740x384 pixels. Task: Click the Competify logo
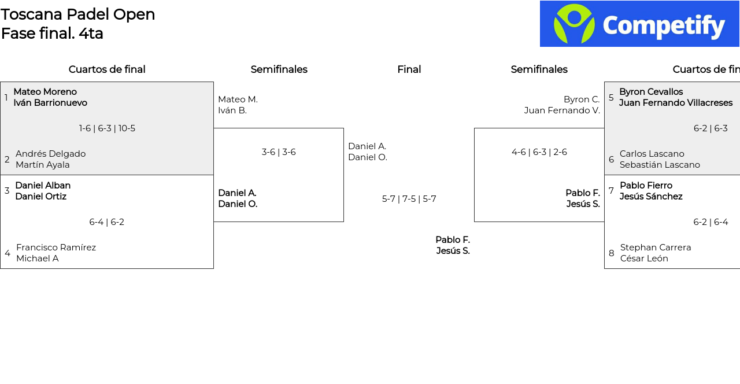click(639, 24)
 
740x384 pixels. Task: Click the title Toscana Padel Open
click(78, 14)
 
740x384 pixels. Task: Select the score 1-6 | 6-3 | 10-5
click(107, 128)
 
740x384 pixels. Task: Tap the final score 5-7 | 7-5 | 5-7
click(409, 199)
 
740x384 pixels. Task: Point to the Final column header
click(409, 69)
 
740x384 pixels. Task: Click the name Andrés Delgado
click(50, 154)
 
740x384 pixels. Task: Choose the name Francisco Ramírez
click(56, 248)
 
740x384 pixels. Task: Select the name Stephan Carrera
click(656, 248)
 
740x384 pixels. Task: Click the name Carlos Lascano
click(652, 154)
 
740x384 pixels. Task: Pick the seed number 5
click(611, 98)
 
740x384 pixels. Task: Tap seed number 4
click(8, 253)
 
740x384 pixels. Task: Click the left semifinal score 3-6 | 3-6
click(279, 152)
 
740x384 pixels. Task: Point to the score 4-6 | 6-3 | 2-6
click(539, 152)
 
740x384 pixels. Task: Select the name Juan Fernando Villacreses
click(675, 103)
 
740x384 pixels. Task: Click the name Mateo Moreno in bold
click(45, 92)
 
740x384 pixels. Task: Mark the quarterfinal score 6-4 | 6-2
click(107, 222)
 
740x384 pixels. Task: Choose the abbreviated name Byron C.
click(582, 99)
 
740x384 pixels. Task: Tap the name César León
click(644, 259)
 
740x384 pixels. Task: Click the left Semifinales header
click(279, 69)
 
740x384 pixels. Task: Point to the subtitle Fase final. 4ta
click(52, 34)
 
